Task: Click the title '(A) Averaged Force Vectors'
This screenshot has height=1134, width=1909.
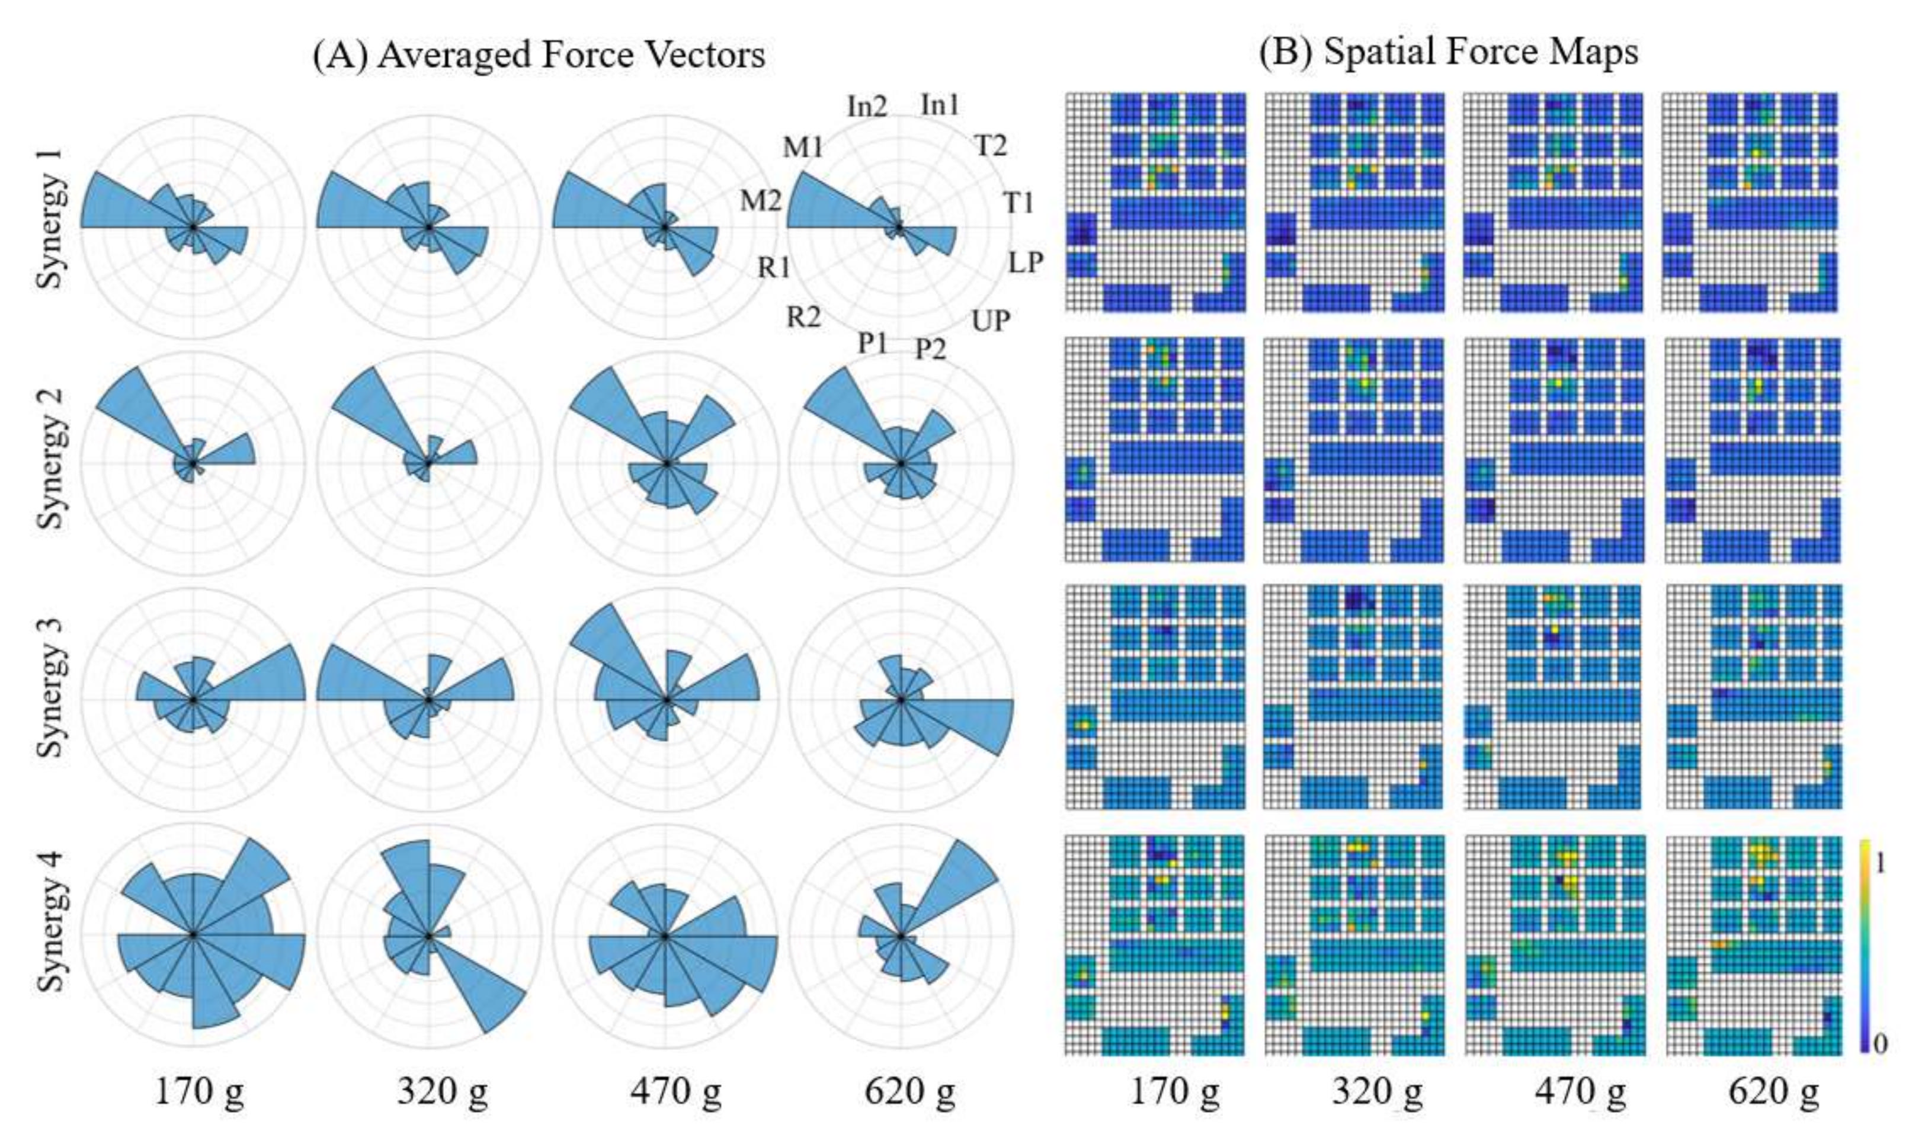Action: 539,55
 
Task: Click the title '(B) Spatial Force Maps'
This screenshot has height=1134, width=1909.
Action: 1448,52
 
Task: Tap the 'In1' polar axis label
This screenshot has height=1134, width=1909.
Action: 939,105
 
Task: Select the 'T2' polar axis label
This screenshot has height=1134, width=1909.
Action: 991,145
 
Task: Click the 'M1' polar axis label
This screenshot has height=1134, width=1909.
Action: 802,148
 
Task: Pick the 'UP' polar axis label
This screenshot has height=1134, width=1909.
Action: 991,321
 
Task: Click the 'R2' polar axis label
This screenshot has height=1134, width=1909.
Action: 804,316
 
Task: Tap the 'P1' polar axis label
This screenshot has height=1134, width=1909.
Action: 873,344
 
